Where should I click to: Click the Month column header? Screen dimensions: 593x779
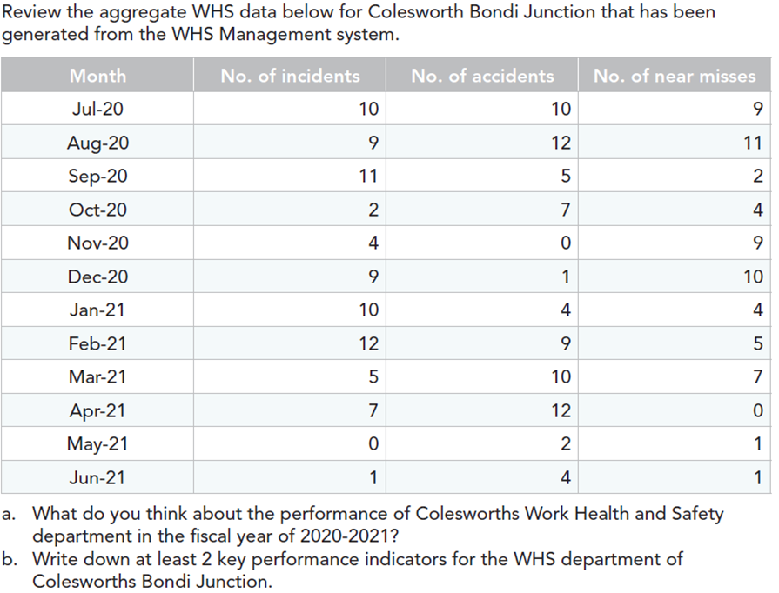(97, 76)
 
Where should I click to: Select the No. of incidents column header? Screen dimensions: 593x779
(290, 76)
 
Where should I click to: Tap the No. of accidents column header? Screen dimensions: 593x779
(482, 76)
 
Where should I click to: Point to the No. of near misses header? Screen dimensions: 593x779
(675, 76)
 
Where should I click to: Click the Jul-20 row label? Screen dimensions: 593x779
(97, 109)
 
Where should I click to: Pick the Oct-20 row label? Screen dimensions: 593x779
(97, 210)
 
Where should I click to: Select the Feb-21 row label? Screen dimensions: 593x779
(97, 343)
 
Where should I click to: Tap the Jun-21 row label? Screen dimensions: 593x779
(97, 477)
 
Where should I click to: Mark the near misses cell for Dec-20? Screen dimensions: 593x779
(753, 277)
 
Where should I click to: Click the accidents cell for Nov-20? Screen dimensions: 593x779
(566, 243)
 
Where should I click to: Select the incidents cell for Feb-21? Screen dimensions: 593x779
(368, 343)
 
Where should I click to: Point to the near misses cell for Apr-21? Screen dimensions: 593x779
(757, 410)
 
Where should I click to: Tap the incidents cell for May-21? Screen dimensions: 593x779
(373, 444)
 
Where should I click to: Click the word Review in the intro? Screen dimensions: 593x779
(32, 13)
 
